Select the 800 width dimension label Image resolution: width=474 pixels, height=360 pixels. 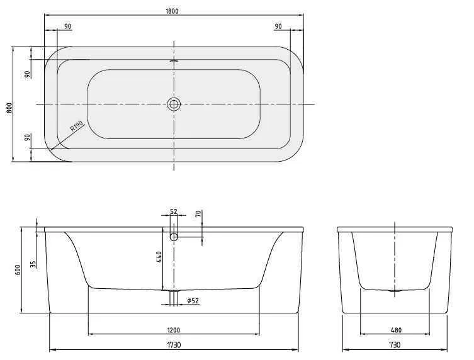[x=9, y=106]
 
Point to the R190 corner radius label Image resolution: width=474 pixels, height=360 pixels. [x=77, y=128]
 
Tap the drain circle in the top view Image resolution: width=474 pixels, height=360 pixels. [x=174, y=104]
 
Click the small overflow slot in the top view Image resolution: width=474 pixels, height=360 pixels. [x=174, y=61]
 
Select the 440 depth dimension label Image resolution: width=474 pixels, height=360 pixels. [x=160, y=257]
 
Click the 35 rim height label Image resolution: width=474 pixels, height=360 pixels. [x=33, y=263]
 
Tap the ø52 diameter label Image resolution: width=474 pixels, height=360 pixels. [x=193, y=301]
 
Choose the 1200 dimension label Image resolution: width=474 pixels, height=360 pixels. [x=174, y=329]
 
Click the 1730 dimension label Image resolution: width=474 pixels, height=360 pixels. [x=174, y=345]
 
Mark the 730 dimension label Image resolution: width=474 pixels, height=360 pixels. [x=395, y=345]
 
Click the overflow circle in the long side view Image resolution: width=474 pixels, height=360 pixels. [x=174, y=237]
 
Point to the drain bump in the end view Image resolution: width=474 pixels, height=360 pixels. [x=395, y=291]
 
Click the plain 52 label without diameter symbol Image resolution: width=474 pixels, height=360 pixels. [x=174, y=212]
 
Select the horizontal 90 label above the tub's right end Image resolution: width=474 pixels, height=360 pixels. [x=279, y=26]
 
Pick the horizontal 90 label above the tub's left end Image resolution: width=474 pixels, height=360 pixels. [x=67, y=26]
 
